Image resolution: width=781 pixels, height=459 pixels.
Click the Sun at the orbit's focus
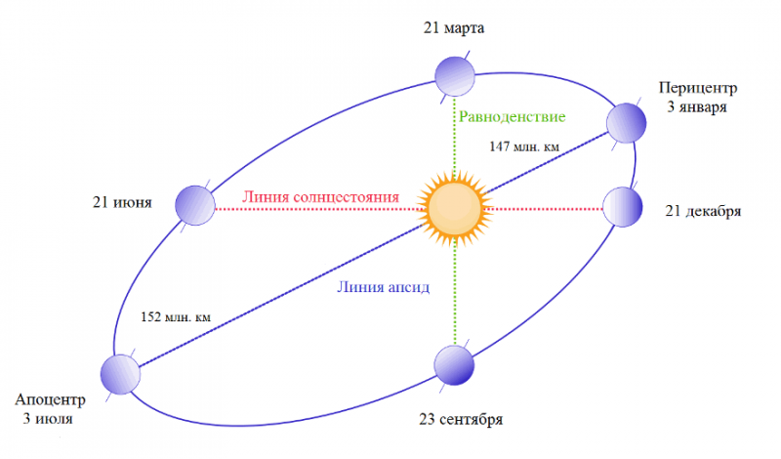[x=454, y=208]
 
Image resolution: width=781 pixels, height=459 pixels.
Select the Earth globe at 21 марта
[x=455, y=76]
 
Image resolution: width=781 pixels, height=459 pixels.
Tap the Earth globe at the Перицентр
[x=626, y=123]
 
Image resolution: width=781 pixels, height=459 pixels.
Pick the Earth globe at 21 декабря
[x=623, y=207]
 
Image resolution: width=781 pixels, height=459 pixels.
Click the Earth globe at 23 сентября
[x=454, y=365]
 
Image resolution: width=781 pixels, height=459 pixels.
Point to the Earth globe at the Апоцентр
[x=120, y=374]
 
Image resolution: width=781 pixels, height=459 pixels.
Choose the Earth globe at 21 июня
[x=195, y=205]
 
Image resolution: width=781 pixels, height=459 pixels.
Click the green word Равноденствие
[x=512, y=117]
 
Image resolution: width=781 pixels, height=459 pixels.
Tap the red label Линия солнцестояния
[x=321, y=197]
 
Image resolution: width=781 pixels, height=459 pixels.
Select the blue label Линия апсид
[x=383, y=287]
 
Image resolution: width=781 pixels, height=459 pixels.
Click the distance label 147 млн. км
[x=524, y=146]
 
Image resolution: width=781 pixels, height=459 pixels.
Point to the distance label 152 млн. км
[x=176, y=317]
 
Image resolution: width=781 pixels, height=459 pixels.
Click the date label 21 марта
[x=454, y=28]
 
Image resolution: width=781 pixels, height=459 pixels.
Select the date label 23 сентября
[x=461, y=419]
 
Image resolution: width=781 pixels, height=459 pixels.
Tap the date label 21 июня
[x=122, y=203]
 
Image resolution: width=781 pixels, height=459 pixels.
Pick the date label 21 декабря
[x=703, y=211]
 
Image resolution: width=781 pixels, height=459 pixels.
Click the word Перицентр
[x=698, y=88]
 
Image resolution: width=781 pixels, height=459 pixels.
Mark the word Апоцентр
[x=50, y=399]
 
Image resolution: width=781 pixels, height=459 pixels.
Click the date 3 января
[x=697, y=107]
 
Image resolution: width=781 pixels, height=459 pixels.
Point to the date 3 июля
[x=48, y=419]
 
